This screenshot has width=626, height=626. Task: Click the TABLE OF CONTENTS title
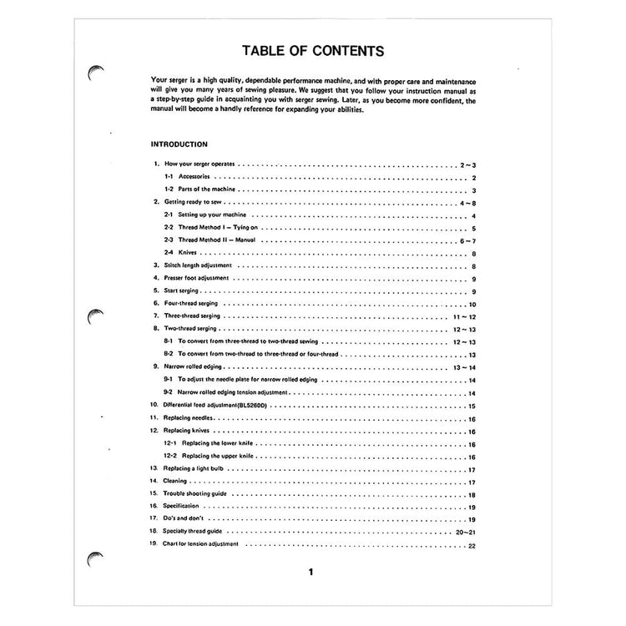pos(313,50)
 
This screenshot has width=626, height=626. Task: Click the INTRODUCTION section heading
pos(179,144)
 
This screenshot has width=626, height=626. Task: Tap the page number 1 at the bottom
pos(310,573)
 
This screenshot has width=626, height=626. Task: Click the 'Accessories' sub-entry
pos(193,179)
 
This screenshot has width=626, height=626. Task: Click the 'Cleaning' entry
pos(176,482)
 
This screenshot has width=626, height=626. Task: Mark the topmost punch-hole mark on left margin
pos(95,73)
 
